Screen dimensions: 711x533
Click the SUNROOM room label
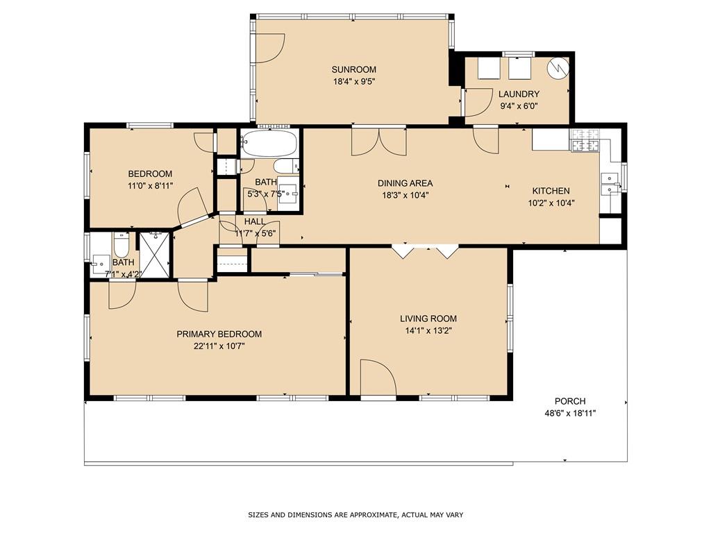click(353, 69)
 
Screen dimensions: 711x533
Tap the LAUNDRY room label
click(519, 94)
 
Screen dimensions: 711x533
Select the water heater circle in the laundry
click(558, 67)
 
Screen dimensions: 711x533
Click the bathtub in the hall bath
click(269, 144)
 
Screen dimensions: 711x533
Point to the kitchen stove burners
click(585, 139)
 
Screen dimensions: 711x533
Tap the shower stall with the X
click(155, 254)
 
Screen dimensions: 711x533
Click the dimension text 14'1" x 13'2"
click(428, 330)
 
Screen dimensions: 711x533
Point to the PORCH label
click(570, 401)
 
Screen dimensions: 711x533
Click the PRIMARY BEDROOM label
click(219, 334)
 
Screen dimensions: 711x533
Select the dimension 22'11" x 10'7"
click(219, 346)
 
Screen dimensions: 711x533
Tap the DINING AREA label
click(405, 183)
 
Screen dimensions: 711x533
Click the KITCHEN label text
click(551, 191)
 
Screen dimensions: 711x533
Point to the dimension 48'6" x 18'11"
click(570, 414)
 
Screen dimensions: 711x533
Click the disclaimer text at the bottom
click(355, 515)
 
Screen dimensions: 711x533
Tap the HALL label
click(255, 221)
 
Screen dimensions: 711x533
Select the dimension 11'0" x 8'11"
click(150, 186)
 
